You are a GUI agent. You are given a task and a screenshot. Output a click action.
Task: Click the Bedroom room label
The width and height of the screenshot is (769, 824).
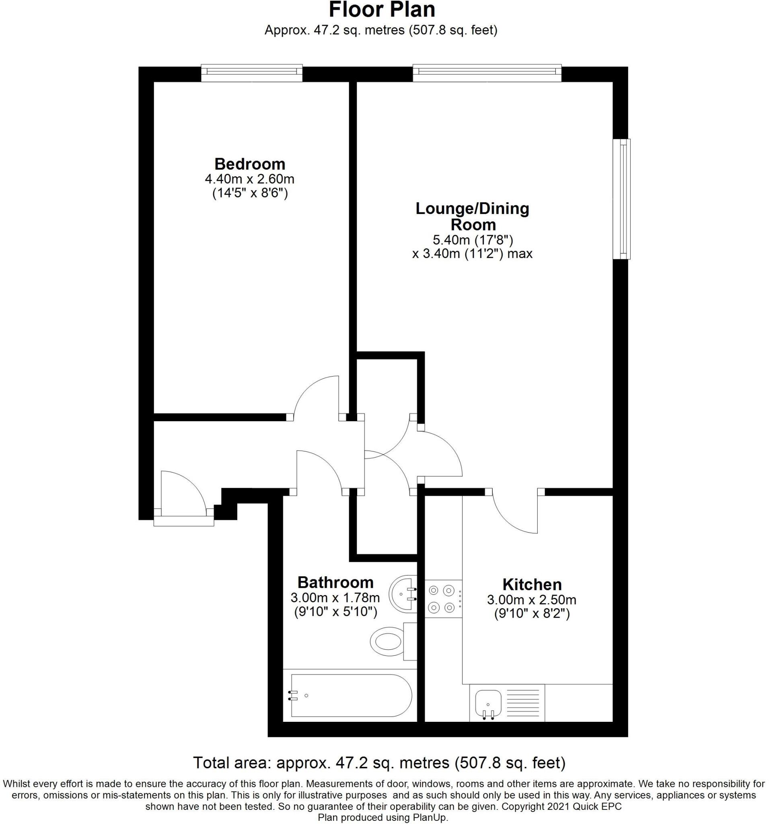(249, 164)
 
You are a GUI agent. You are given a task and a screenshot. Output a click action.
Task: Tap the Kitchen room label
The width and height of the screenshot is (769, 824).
(532, 585)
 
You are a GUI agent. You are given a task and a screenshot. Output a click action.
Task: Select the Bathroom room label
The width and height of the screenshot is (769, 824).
(335, 582)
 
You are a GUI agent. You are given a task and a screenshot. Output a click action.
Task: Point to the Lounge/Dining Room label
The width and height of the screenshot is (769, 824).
(472, 216)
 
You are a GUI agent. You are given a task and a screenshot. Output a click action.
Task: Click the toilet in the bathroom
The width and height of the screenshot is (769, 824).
(388, 642)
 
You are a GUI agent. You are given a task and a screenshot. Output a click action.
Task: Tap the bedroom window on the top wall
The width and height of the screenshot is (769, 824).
(251, 72)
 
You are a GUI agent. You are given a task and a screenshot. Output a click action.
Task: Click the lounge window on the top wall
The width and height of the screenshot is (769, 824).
(486, 72)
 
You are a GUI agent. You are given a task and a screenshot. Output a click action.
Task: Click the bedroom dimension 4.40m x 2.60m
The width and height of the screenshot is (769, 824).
(249, 179)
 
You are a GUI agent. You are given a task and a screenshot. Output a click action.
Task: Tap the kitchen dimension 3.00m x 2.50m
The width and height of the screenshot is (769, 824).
(532, 599)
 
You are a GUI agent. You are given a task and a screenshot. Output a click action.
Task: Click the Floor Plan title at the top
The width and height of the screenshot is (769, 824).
(382, 10)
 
